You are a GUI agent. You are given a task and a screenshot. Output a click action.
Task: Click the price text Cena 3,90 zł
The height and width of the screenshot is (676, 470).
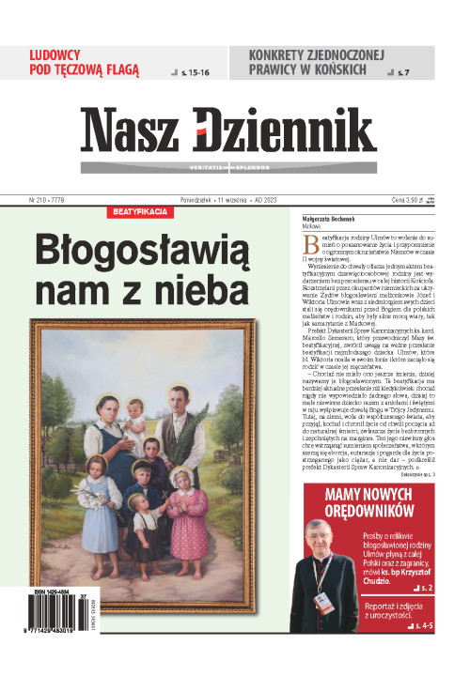click(414, 200)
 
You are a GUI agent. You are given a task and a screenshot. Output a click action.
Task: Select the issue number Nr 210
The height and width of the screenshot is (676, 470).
click(42, 200)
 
